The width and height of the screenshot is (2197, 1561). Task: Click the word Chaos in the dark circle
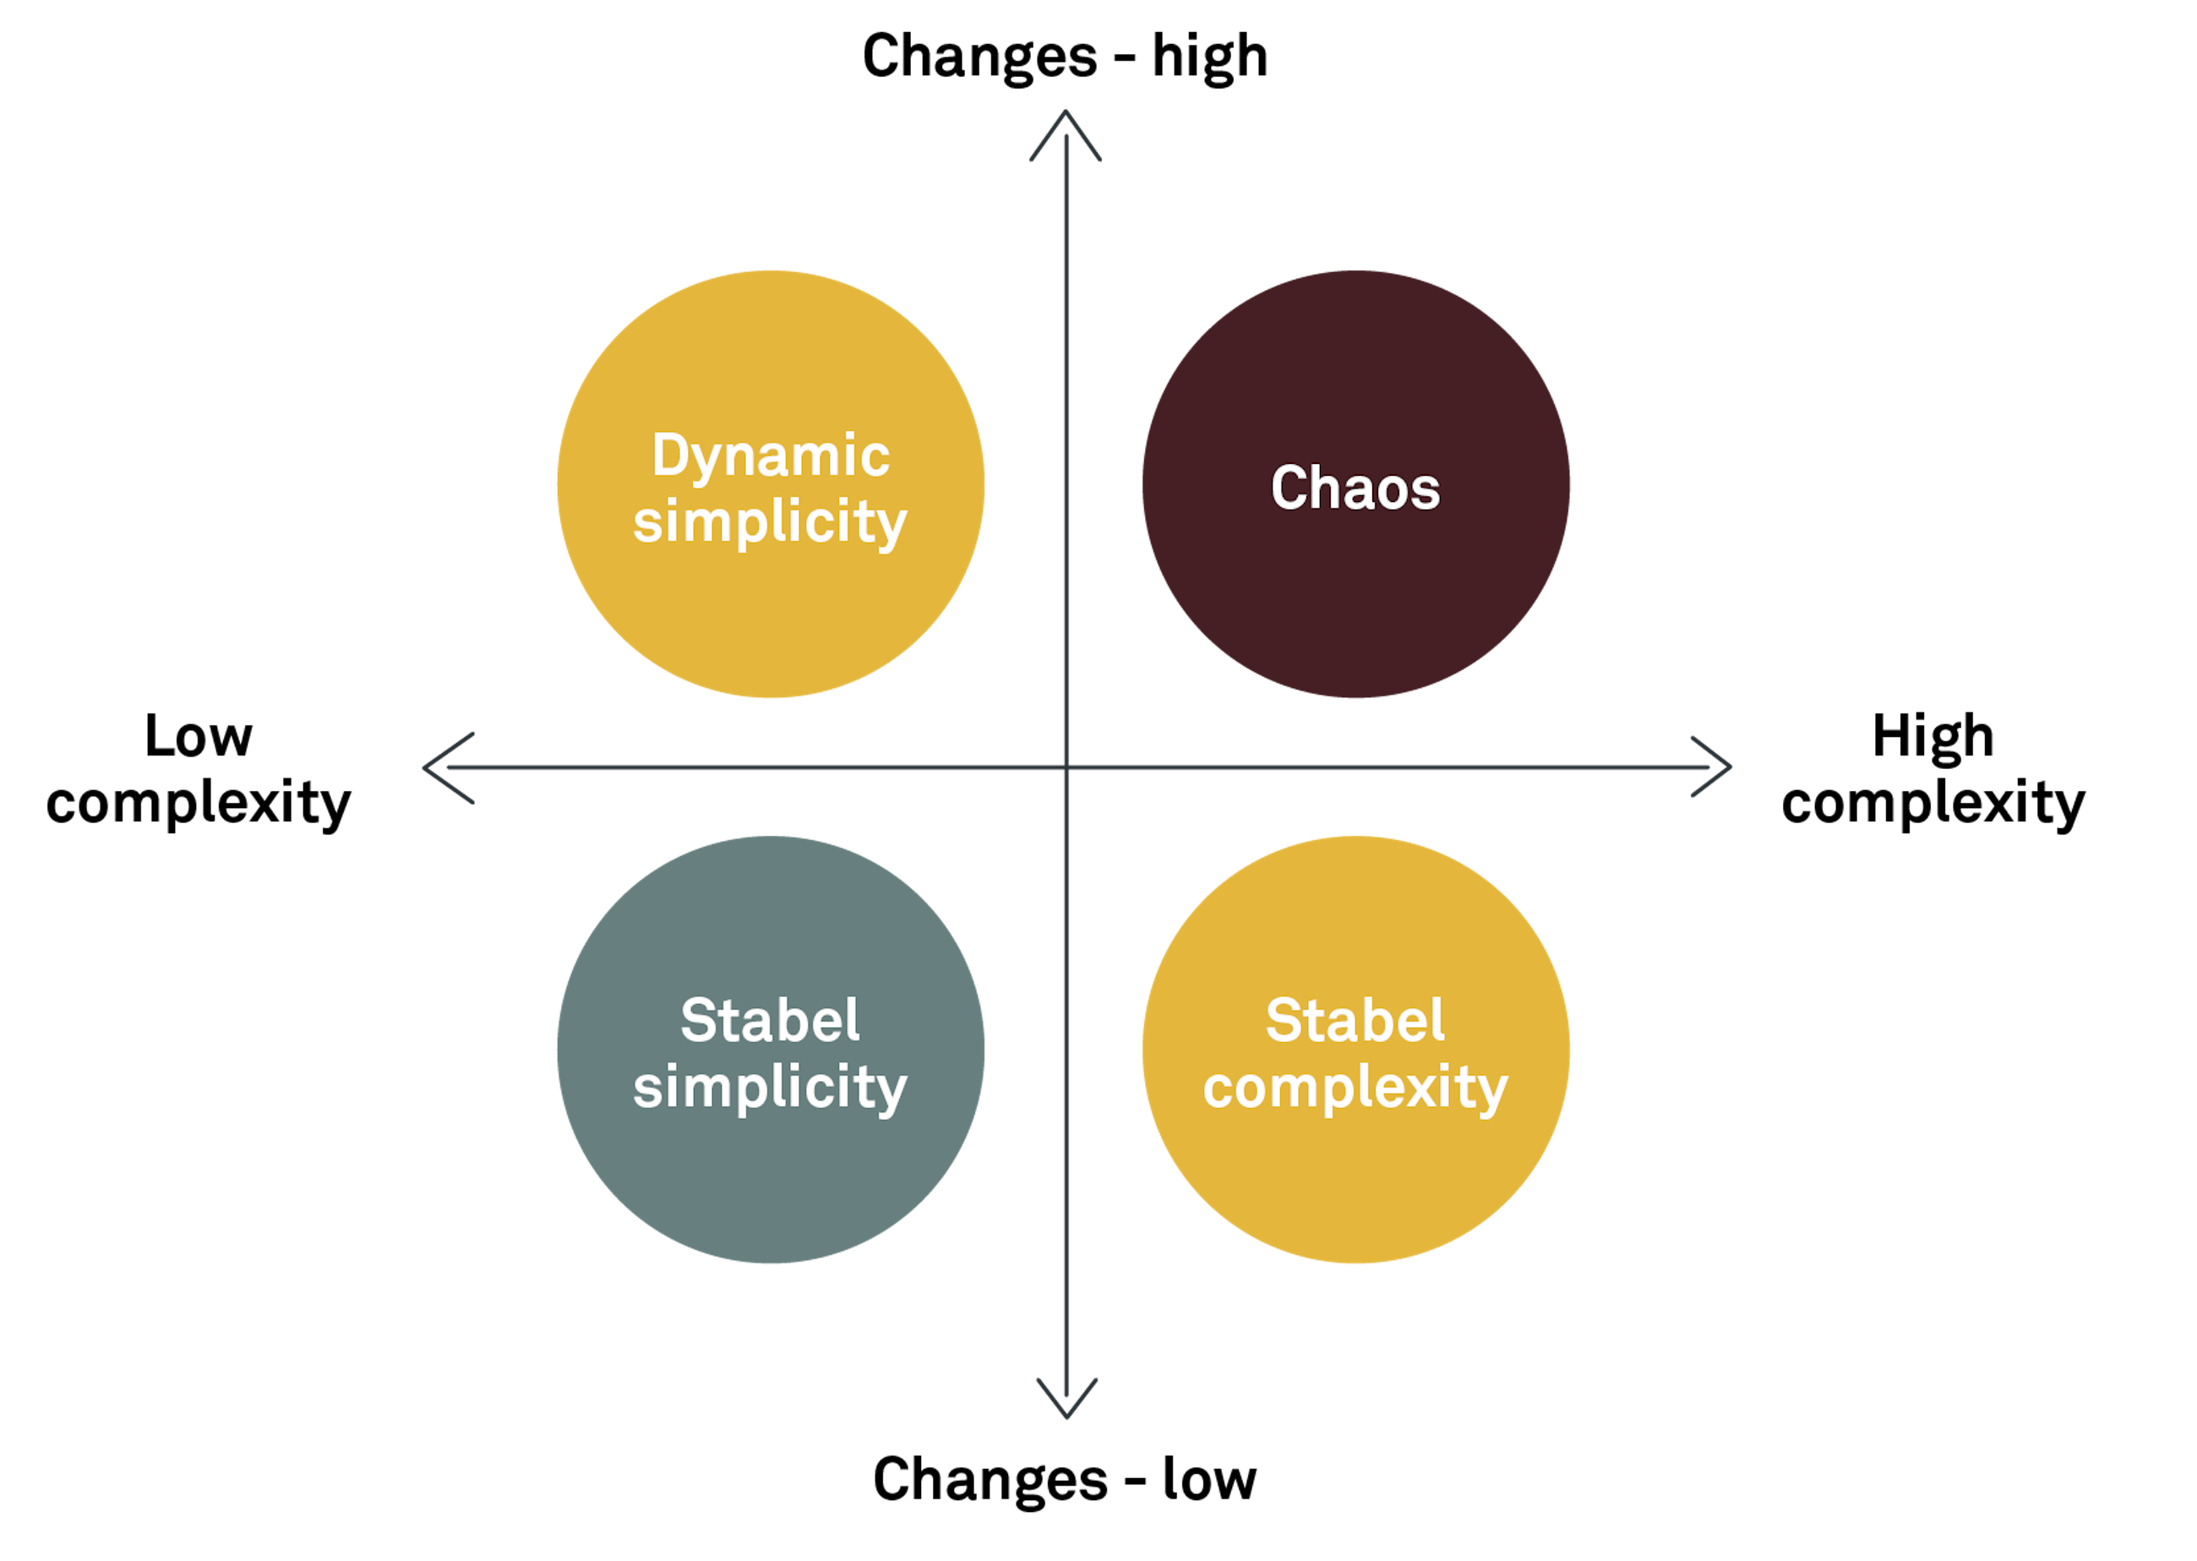(x=1355, y=488)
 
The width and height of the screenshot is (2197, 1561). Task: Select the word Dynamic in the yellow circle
(x=771, y=456)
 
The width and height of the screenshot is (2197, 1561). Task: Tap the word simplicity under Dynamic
(x=771, y=523)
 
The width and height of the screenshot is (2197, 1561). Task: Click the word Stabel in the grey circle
(x=770, y=1021)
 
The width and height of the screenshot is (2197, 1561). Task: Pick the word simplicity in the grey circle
(x=771, y=1088)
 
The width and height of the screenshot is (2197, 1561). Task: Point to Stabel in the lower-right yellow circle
(x=1355, y=1021)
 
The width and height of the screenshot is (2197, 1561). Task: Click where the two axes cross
(x=1066, y=767)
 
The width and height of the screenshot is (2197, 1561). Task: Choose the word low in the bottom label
(x=1209, y=1479)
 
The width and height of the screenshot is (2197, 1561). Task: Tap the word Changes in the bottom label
(x=989, y=1480)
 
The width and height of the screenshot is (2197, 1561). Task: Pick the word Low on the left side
(x=199, y=737)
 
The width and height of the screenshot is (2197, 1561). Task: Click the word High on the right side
(x=1933, y=737)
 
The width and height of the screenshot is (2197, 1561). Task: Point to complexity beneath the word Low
(x=199, y=804)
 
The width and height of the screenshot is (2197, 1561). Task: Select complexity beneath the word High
(x=1933, y=804)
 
